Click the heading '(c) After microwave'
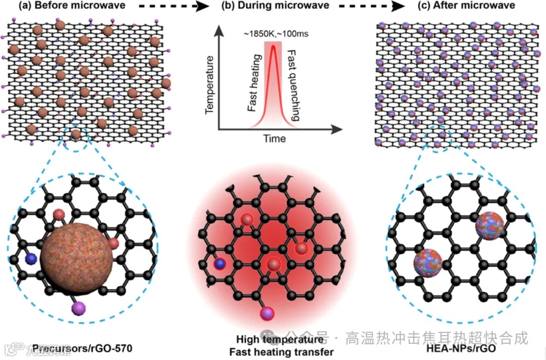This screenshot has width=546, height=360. (x=464, y=7)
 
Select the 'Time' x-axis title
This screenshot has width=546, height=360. (x=275, y=139)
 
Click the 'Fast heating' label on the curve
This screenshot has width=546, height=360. (x=254, y=91)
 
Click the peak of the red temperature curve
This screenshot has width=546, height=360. (x=274, y=46)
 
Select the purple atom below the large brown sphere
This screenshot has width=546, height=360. (x=79, y=308)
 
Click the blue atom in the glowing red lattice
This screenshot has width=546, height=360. (x=219, y=264)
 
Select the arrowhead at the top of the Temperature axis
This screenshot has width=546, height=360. (x=218, y=31)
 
